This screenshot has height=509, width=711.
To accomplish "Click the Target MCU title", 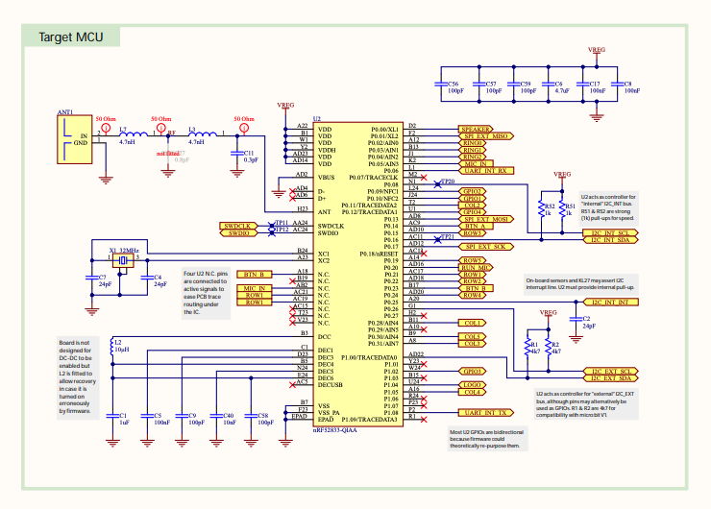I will coord(71,37).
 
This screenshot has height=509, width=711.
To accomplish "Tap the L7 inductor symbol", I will coord(126,133).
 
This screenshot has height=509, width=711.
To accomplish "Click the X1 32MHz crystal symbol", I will coord(123,260).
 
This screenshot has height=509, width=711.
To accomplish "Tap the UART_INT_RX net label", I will coord(487,171).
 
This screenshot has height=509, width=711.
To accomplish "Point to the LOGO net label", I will coord(472,384).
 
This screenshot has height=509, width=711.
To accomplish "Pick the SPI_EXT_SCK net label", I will coord(487,247).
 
